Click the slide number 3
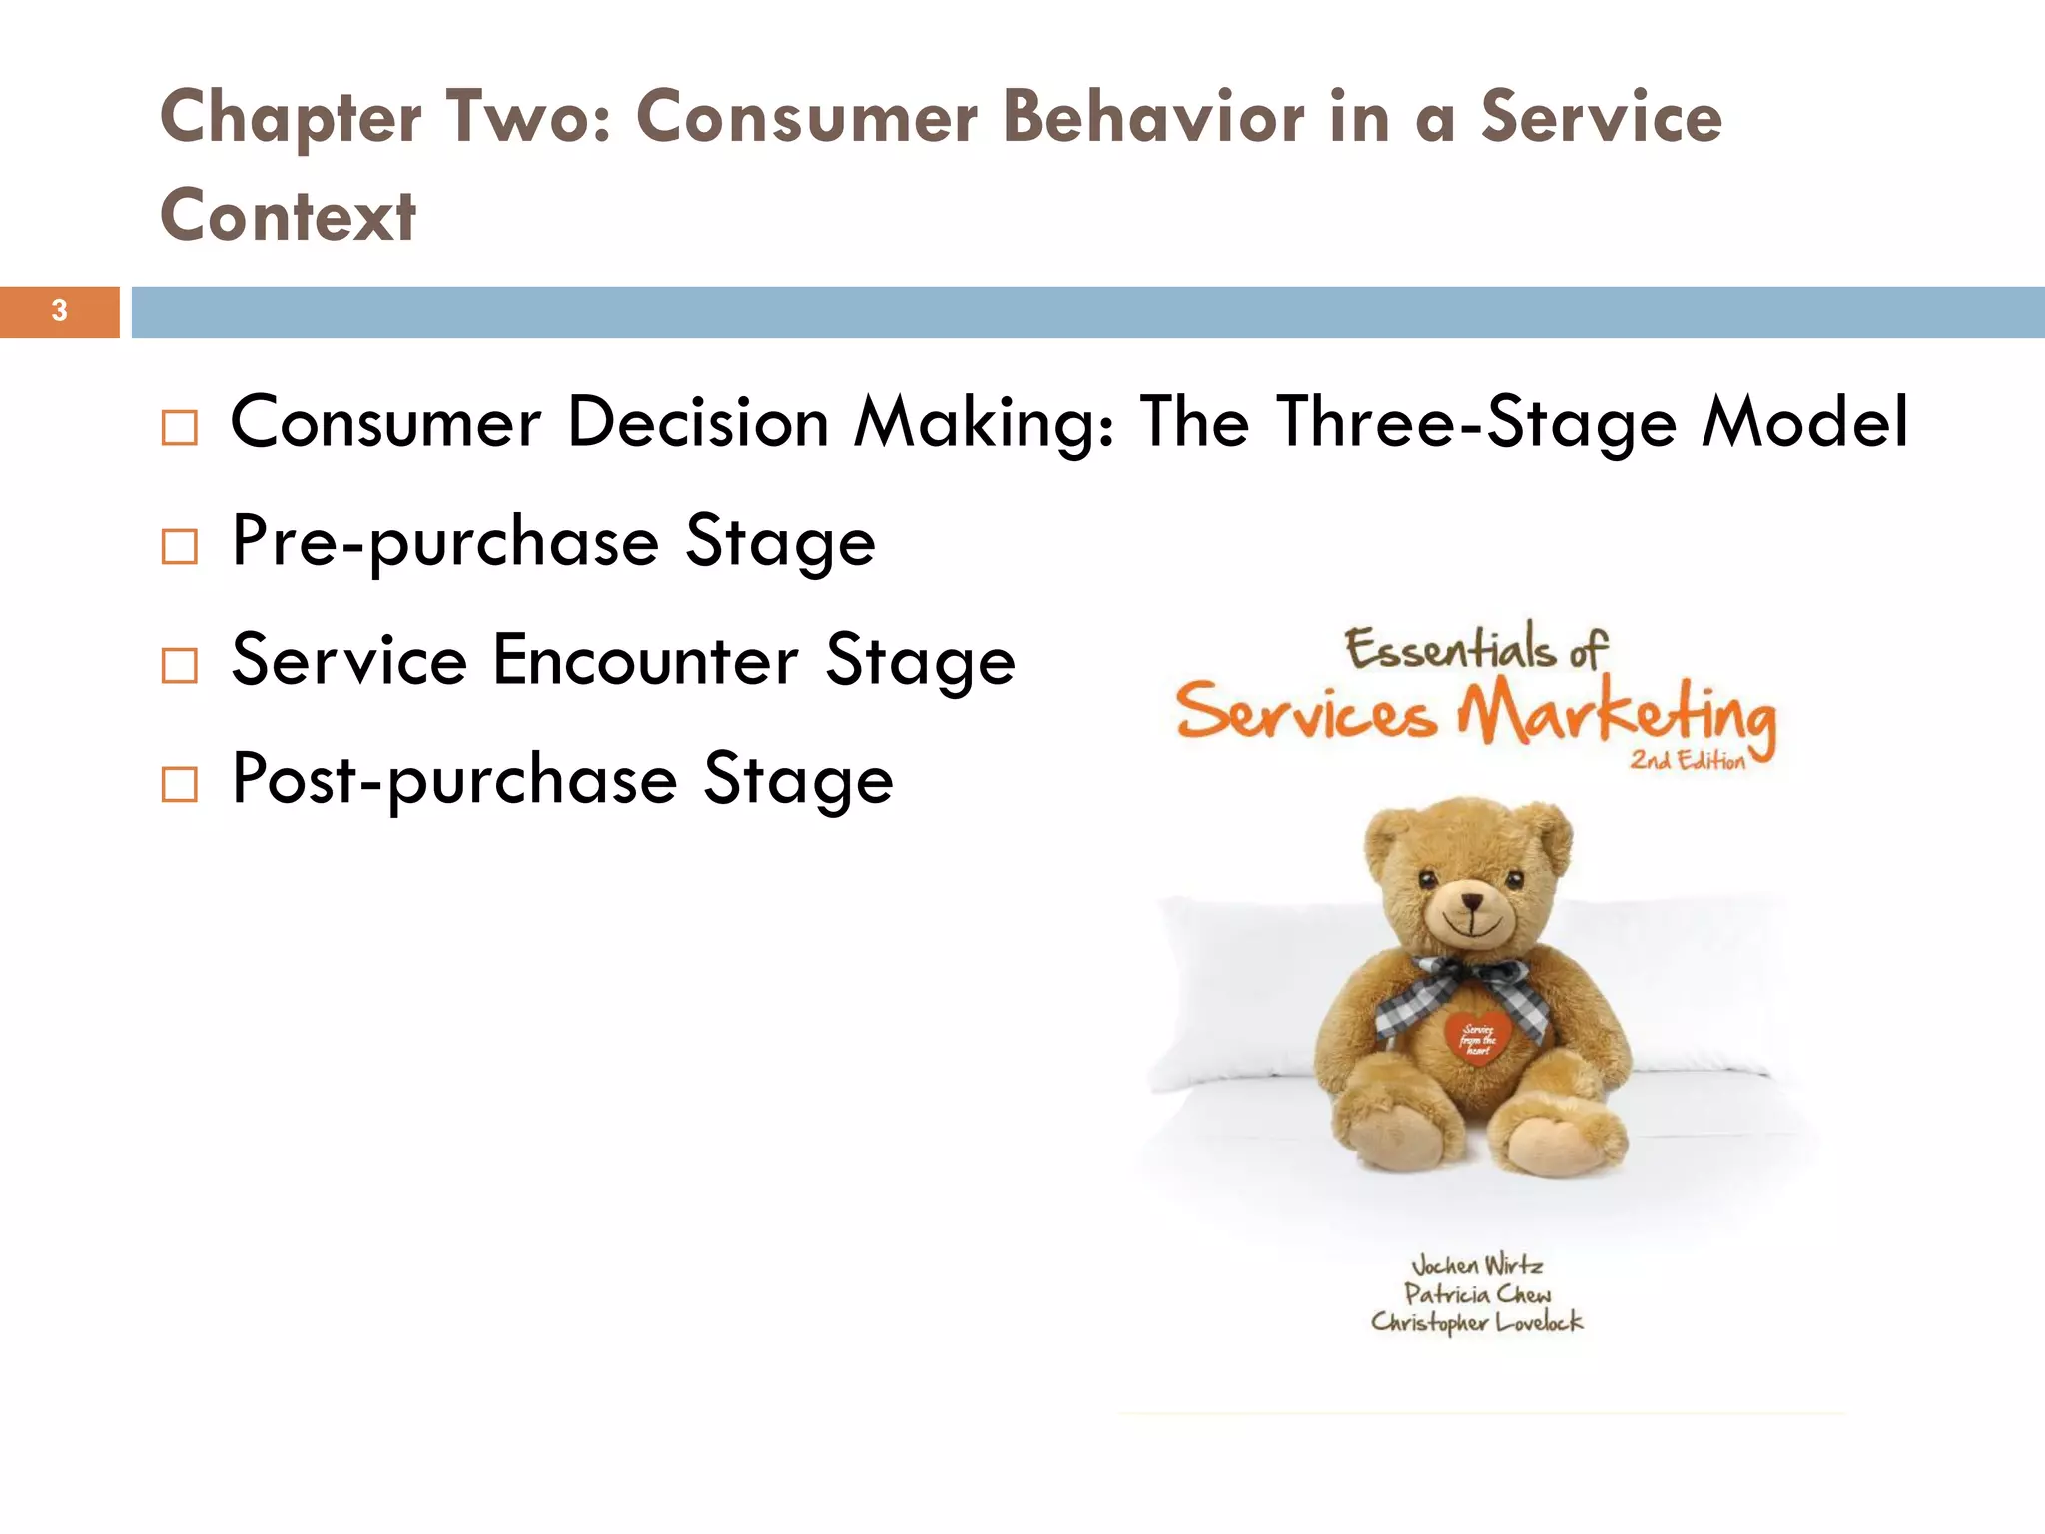click(x=60, y=311)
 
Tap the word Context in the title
click(x=289, y=216)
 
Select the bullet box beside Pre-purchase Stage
click(x=180, y=546)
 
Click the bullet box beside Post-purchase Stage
click(x=180, y=784)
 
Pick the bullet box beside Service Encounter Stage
click(x=180, y=665)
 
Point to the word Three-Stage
click(x=1476, y=422)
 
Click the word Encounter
click(x=645, y=660)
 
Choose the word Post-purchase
click(x=454, y=780)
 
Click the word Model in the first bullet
click(x=1805, y=422)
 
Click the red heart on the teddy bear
click(x=1477, y=1039)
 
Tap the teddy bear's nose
click(x=1472, y=901)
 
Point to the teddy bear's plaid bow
click(x=1464, y=989)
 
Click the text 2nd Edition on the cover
click(x=1688, y=761)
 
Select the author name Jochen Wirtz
click(x=1477, y=1266)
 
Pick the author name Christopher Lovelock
click(x=1477, y=1322)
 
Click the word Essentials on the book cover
click(x=1450, y=649)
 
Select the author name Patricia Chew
click(x=1477, y=1294)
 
